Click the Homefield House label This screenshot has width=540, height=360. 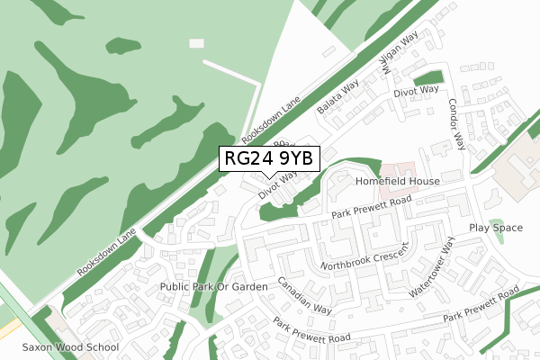(397, 181)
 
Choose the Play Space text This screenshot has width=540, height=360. (495, 228)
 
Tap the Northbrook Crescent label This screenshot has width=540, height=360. (365, 261)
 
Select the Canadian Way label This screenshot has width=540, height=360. (304, 295)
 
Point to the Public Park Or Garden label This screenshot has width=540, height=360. (213, 286)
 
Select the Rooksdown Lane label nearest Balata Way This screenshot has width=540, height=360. (275, 122)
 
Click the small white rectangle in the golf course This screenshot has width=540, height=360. (197, 42)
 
